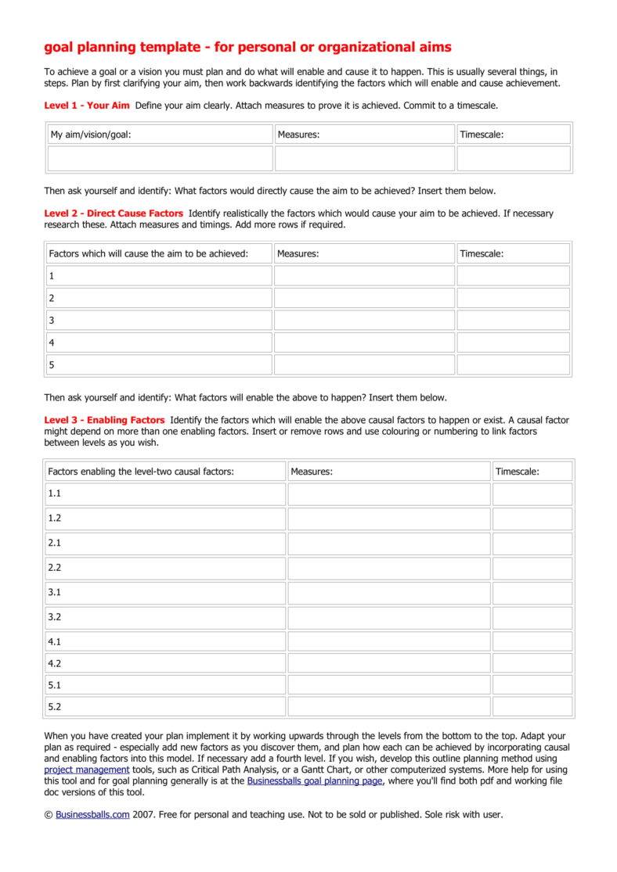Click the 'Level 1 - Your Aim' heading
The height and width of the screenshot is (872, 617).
click(x=87, y=105)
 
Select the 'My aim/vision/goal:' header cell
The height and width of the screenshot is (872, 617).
click(x=160, y=135)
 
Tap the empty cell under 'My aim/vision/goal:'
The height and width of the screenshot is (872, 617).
click(x=160, y=158)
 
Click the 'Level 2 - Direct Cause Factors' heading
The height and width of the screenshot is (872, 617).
click(x=114, y=213)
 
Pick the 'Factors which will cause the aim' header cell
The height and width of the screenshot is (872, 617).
click(x=158, y=253)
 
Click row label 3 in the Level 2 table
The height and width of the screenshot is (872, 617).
click(x=52, y=320)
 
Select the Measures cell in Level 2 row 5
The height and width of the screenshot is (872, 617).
click(x=364, y=364)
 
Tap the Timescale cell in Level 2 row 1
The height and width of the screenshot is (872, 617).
click(x=513, y=275)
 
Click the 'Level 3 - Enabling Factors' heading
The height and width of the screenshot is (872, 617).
click(x=104, y=420)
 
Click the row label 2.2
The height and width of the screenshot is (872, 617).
click(x=55, y=568)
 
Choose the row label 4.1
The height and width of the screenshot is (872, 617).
click(x=55, y=641)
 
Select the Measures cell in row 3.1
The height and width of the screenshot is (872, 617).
click(x=388, y=593)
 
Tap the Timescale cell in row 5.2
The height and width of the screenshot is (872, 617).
click(x=532, y=706)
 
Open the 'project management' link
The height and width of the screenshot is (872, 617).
click(x=86, y=770)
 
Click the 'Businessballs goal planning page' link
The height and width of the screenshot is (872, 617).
click(x=315, y=780)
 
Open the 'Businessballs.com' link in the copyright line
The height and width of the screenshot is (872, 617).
click(x=92, y=814)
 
